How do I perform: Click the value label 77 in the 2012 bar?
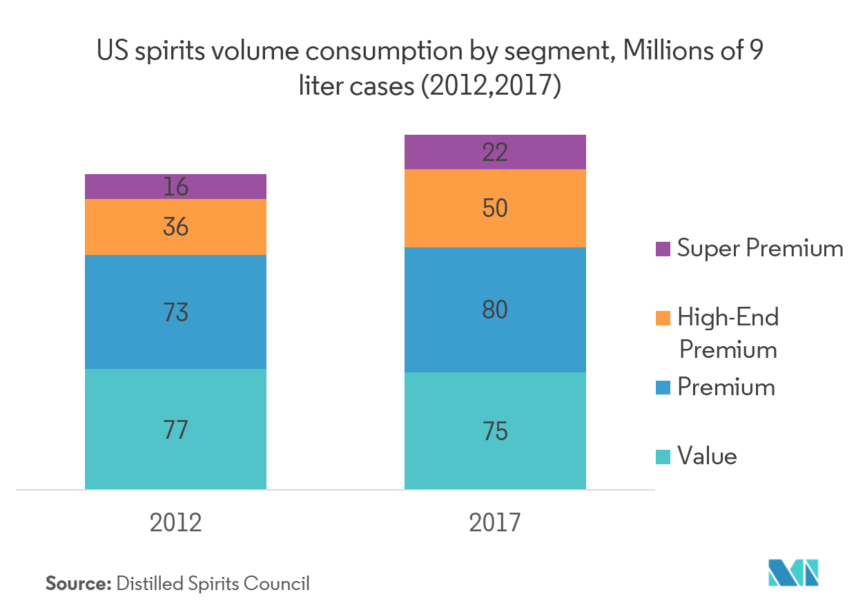coord(175,430)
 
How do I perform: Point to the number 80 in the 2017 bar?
coord(495,310)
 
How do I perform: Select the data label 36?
coord(175,227)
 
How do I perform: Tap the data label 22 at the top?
coord(495,152)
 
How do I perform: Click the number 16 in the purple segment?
coord(175,187)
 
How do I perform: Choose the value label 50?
coord(495,208)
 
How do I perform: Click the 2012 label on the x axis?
coord(175,522)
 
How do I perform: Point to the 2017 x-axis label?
coord(495,522)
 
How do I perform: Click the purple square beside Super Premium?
coord(663,249)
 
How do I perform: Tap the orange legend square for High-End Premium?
coord(663,318)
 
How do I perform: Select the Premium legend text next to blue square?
coord(726,387)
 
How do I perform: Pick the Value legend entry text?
coord(707,457)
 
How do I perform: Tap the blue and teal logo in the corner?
coord(793,571)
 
